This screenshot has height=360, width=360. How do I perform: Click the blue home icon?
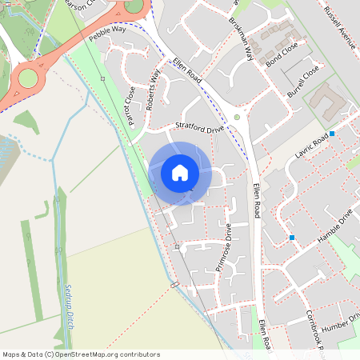click(x=180, y=173)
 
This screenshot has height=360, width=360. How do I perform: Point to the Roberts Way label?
click(x=154, y=79)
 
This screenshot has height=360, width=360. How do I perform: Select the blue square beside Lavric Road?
click(x=331, y=134)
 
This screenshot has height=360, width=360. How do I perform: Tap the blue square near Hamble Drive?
click(x=292, y=238)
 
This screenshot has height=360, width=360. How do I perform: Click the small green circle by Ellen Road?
click(x=237, y=118)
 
